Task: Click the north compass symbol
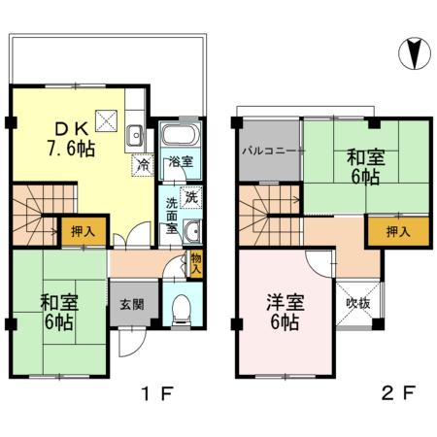[x=414, y=52]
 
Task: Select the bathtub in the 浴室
[x=180, y=136]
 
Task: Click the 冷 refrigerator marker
[x=142, y=164]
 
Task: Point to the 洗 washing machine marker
[x=191, y=197]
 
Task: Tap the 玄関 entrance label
[x=132, y=303]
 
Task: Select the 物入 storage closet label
[x=196, y=262]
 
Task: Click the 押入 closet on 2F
[x=387, y=232]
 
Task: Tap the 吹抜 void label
[x=357, y=303]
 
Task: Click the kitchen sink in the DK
[x=136, y=135]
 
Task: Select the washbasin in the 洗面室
[x=191, y=231]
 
